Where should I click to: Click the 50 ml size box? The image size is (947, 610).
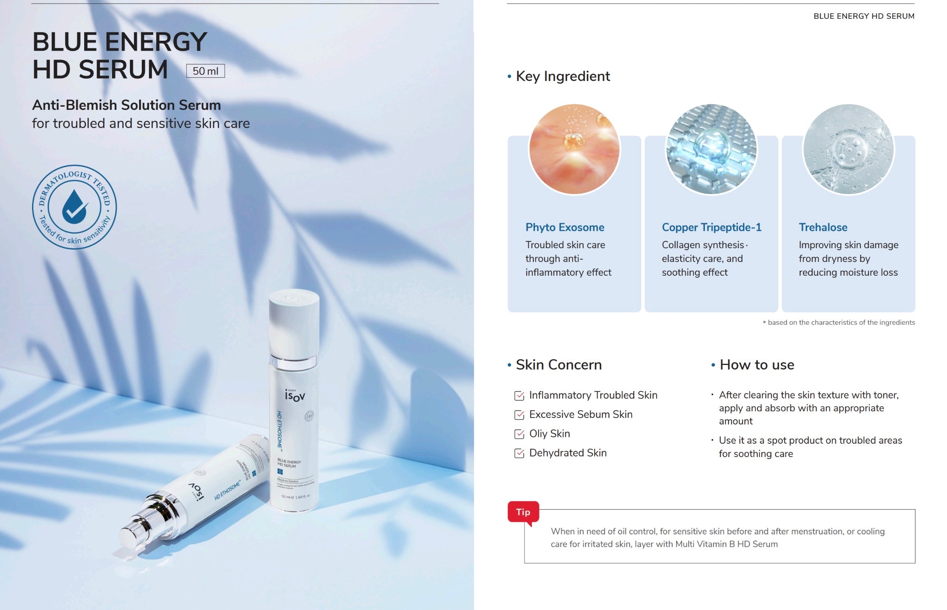(x=205, y=71)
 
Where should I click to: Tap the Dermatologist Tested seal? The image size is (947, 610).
(x=74, y=207)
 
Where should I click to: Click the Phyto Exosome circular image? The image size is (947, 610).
(x=574, y=149)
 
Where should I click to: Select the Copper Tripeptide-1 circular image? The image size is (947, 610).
(x=711, y=149)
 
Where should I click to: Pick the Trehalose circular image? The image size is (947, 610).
(x=848, y=149)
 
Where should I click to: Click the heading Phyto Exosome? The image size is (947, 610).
(x=565, y=227)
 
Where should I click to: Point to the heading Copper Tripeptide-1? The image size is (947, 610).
(x=711, y=227)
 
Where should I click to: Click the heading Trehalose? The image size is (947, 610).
(x=823, y=227)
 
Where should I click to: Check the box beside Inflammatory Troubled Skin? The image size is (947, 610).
(x=519, y=396)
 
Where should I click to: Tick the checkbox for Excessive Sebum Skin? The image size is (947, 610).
(x=519, y=415)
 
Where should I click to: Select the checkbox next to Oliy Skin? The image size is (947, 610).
(x=519, y=434)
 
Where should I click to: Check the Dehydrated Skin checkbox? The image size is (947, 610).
(x=519, y=453)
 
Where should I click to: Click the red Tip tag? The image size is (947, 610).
(x=523, y=512)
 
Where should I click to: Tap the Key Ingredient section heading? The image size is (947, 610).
(x=563, y=76)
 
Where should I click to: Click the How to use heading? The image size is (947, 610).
(x=757, y=365)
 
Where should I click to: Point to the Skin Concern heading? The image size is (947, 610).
(x=559, y=365)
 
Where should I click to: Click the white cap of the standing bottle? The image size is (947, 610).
(x=294, y=321)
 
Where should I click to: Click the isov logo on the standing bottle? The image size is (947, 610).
(x=295, y=395)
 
